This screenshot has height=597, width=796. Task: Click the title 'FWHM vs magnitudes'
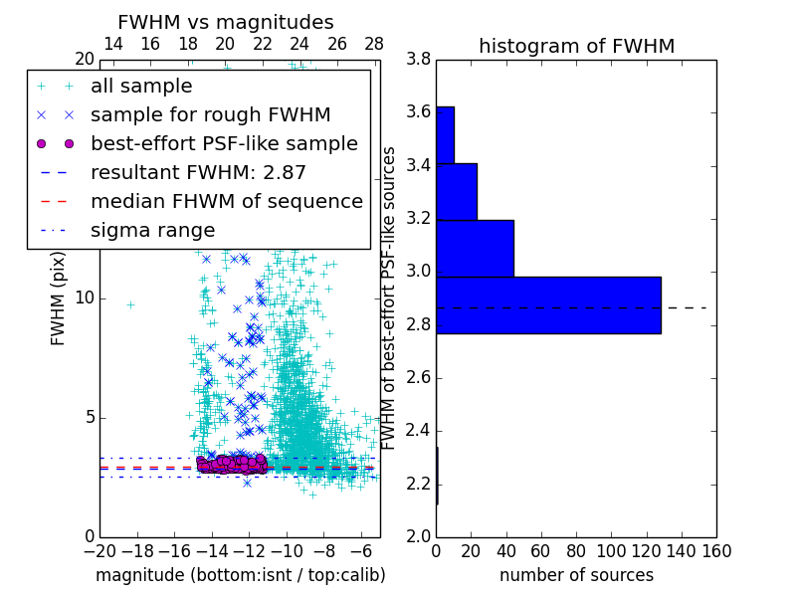[x=226, y=22]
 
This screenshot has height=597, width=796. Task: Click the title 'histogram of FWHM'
[x=576, y=46]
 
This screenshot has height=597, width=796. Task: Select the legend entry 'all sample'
[x=141, y=87]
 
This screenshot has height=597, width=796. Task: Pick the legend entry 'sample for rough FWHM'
[x=210, y=115]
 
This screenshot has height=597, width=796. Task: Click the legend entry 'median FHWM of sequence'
[x=226, y=201]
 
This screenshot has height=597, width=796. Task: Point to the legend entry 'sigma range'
[x=152, y=230]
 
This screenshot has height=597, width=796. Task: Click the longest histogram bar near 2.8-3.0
[x=548, y=304]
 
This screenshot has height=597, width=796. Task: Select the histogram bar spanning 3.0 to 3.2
[x=475, y=248]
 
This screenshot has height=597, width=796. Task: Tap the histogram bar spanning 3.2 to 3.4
[x=457, y=191]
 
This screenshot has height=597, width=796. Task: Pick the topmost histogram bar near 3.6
[x=445, y=134]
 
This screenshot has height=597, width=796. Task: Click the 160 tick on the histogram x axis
[x=715, y=550]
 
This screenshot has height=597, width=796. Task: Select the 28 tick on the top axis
[x=374, y=44]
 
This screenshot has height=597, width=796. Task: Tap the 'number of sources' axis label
[x=576, y=575]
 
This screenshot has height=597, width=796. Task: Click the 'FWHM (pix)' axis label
[x=59, y=298]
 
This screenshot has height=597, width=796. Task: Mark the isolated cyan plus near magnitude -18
[x=130, y=304]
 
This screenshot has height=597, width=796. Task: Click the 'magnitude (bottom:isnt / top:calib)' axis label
[x=240, y=575]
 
